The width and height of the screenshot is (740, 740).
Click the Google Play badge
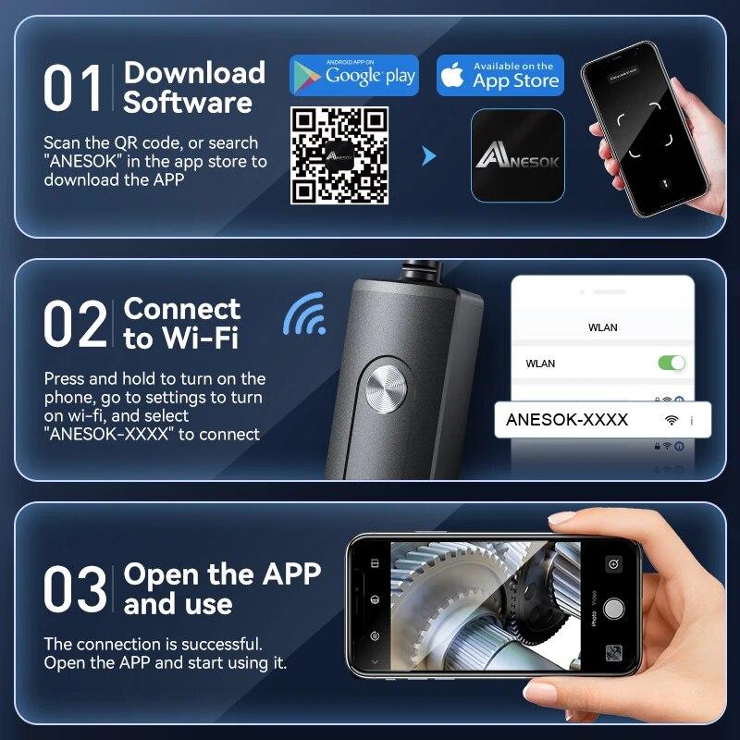[354, 76]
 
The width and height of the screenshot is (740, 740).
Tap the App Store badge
[499, 76]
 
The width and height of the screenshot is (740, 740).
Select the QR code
[340, 154]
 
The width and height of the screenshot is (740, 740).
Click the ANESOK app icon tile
[517, 155]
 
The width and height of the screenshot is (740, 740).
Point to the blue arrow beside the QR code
[428, 156]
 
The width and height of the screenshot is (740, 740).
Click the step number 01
[72, 90]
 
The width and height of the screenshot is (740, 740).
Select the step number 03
[74, 590]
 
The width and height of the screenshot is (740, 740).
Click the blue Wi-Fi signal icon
[306, 315]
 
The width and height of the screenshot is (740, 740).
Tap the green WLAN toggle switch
[672, 363]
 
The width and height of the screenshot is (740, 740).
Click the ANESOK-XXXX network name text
[567, 420]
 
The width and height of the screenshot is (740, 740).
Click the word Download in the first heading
[194, 74]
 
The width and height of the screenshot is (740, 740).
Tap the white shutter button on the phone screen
[613, 609]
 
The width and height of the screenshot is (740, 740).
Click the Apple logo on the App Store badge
[452, 77]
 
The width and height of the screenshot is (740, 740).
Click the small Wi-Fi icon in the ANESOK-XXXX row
[671, 421]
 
